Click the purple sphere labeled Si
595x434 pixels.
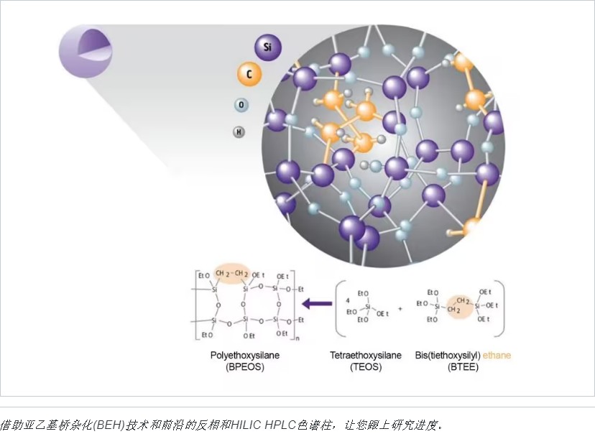pyautogui.click(x=268, y=48)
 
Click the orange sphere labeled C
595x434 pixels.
pyautogui.click(x=249, y=73)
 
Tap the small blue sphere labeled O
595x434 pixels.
pyautogui.click(x=241, y=105)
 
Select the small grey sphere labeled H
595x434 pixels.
pyautogui.click(x=239, y=131)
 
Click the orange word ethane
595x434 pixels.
pyautogui.click(x=498, y=356)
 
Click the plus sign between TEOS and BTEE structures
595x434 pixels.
pyautogui.click(x=400, y=308)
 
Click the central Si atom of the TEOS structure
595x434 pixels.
pyautogui.click(x=367, y=307)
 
